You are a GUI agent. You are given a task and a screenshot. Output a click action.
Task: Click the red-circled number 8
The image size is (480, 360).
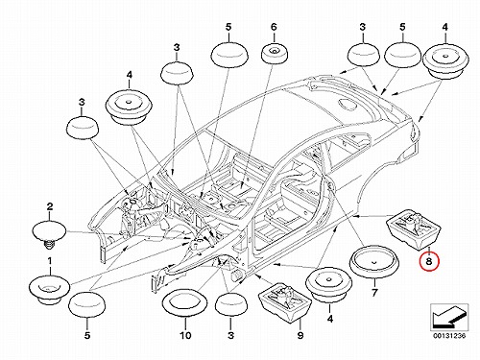click(x=429, y=261)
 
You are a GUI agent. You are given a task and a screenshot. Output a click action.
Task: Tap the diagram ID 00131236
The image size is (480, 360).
click(x=449, y=336)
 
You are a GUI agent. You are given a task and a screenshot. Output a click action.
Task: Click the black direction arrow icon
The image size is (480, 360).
click(x=449, y=317)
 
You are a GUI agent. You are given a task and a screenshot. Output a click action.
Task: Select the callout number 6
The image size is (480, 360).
click(x=274, y=27)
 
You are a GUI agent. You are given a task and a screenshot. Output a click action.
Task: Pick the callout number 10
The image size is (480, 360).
click(x=185, y=335)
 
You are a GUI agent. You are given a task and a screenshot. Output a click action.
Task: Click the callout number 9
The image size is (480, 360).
click(x=300, y=335)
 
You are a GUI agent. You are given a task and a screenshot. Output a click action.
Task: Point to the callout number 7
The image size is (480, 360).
click(x=374, y=292)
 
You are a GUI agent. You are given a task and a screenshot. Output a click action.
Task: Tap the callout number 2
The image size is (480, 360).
click(x=50, y=206)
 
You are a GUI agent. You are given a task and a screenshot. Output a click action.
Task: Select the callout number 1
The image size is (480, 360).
click(x=50, y=261)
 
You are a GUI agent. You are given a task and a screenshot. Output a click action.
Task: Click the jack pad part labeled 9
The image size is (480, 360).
click(x=285, y=301)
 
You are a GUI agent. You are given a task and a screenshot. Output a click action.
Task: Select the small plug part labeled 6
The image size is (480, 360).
click(x=275, y=55)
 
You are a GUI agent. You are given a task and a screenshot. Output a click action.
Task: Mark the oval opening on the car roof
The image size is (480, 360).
click(x=348, y=104)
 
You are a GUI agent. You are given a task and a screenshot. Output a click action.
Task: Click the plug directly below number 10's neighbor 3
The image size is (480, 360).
click(x=231, y=304)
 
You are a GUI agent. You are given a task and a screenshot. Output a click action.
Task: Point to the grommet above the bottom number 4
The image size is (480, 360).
click(x=329, y=286)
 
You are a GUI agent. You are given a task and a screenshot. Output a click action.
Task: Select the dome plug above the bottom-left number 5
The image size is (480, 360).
click(x=86, y=305)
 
